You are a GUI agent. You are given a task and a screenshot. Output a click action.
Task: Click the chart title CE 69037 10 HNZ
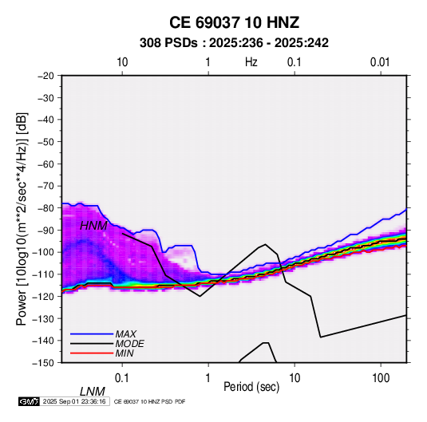tap(234, 22)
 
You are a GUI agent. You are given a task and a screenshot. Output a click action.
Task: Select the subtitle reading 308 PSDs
tap(168, 43)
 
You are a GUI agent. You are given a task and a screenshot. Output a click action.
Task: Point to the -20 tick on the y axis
tap(45, 76)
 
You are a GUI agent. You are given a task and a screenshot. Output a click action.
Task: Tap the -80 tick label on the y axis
tap(45, 208)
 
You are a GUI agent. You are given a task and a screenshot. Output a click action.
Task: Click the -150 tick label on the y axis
tap(43, 363)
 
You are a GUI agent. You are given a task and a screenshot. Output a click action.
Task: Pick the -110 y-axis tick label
tap(43, 274)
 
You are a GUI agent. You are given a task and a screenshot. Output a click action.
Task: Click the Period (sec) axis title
tap(251, 387)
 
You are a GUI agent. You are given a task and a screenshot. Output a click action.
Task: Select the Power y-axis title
tap(22, 219)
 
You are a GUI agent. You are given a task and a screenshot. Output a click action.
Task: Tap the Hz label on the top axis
tap(251, 62)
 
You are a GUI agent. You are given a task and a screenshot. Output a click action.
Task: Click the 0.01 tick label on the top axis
tap(380, 62)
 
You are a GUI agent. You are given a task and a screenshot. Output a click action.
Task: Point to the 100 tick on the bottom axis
tap(381, 378)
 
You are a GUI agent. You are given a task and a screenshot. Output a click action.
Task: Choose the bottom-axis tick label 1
tap(208, 378)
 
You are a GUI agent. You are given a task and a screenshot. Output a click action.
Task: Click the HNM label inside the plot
tap(93, 226)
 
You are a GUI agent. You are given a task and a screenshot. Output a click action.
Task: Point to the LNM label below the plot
tap(93, 392)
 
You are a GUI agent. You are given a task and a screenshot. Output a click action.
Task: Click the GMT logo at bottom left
tap(30, 401)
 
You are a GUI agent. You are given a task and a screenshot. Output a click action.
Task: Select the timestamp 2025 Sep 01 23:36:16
tap(74, 401)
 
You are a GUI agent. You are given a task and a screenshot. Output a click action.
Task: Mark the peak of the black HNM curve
tap(265, 244)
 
